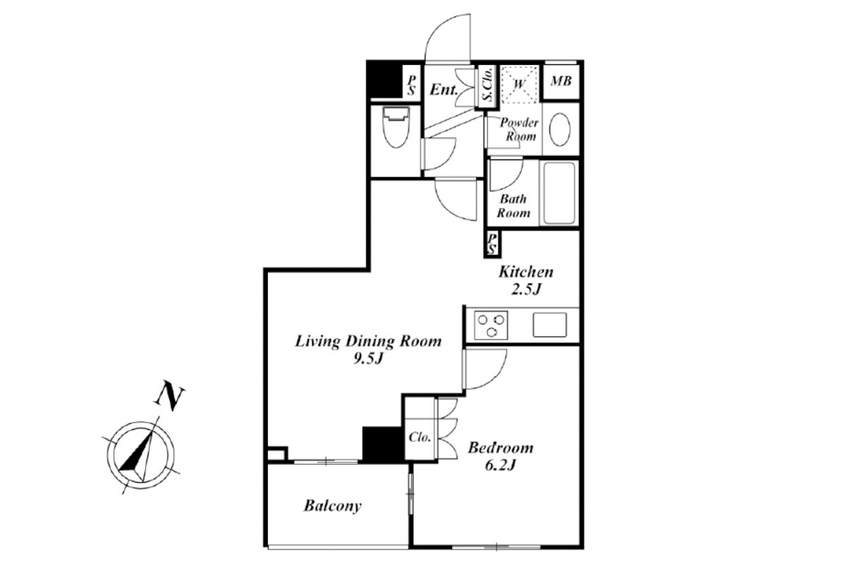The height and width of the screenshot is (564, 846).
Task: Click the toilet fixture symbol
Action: (396, 127)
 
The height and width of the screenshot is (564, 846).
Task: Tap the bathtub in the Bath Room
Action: (559, 193)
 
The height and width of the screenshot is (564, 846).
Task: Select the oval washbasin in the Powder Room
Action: (560, 129)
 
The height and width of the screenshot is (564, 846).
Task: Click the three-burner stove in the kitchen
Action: (491, 325)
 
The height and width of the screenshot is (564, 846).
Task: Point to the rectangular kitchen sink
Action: (549, 324)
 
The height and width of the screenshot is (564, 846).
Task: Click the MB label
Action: (561, 81)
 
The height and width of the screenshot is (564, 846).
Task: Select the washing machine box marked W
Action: (520, 84)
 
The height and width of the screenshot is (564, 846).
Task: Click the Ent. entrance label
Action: (444, 90)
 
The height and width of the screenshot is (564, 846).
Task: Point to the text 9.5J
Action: (368, 359)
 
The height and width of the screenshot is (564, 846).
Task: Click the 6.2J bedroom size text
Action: (500, 466)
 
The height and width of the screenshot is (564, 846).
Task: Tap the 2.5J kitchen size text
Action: (526, 289)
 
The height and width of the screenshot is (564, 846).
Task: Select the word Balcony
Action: (333, 505)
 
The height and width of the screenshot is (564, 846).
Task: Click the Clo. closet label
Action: (419, 437)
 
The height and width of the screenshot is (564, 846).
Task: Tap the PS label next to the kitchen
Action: (492, 244)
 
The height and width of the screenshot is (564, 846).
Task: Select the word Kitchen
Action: (526, 272)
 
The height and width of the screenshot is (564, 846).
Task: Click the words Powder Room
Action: (520, 129)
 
